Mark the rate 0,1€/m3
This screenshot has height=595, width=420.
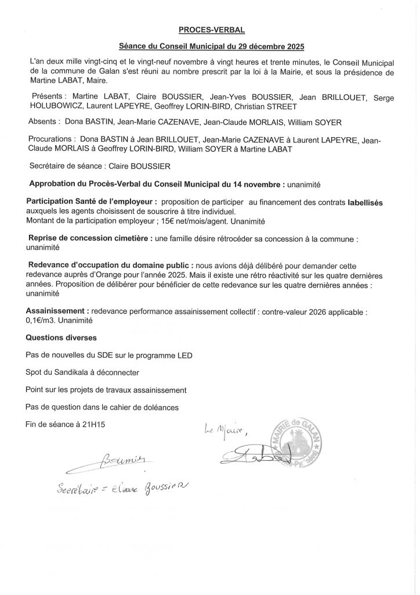point(44,320)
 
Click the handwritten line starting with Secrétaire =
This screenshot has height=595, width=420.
point(121,486)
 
